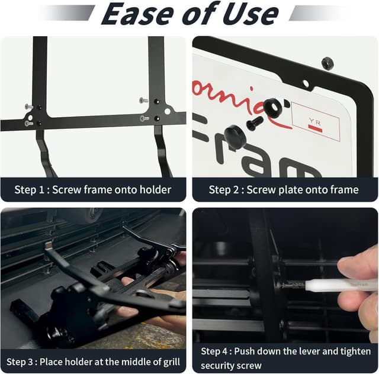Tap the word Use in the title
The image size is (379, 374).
point(249,14)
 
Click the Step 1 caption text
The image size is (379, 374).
point(93,190)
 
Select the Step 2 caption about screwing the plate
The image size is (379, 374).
point(284,190)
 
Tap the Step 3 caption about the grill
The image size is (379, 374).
point(93,361)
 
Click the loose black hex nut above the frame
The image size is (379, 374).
point(327,63)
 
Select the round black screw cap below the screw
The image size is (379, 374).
point(235,137)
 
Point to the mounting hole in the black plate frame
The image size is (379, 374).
point(306,84)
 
